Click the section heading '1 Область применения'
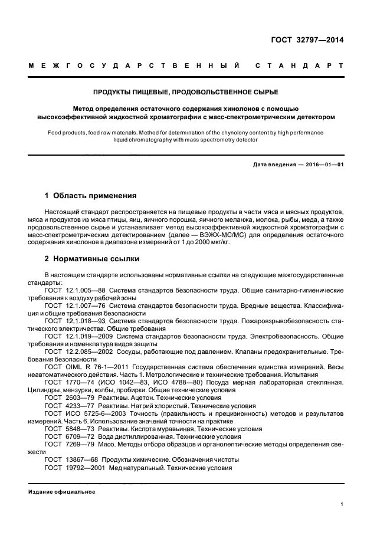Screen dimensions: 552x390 coord(91,195)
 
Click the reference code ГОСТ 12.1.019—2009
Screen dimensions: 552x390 coord(77,337)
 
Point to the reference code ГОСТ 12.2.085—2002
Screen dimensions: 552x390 coord(77,351)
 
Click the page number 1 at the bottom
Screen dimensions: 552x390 coord(342,504)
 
